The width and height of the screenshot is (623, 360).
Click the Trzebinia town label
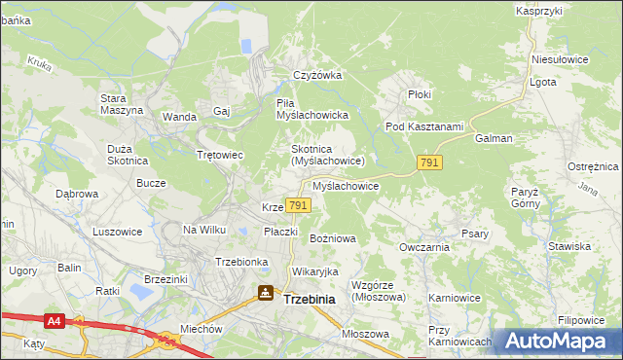[x=309, y=300]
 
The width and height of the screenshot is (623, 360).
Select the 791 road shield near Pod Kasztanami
[x=429, y=163]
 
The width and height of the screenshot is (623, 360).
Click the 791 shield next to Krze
[x=299, y=205]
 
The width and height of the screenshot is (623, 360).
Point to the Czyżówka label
[x=318, y=75]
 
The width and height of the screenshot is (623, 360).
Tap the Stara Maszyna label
[x=122, y=104]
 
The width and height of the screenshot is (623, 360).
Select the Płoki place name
[x=421, y=94]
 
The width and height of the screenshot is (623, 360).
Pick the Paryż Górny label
[x=525, y=198]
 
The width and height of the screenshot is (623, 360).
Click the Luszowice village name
[x=118, y=232]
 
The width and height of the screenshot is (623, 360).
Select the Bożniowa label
[x=333, y=237]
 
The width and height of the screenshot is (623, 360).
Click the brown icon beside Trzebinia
[x=265, y=293]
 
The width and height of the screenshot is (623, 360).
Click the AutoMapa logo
[x=558, y=342]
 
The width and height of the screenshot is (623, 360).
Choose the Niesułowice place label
[x=560, y=58]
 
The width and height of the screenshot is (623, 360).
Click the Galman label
[x=494, y=138]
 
